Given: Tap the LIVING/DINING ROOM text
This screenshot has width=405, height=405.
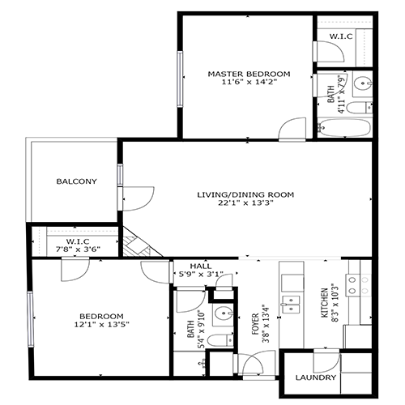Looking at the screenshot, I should pyautogui.click(x=245, y=194).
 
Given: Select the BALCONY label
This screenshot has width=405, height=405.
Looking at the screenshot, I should pyautogui.click(x=76, y=181).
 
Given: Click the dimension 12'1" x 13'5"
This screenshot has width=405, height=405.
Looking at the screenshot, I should pyautogui.click(x=100, y=325).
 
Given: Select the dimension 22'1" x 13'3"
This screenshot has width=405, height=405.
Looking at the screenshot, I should pyautogui.click(x=245, y=204).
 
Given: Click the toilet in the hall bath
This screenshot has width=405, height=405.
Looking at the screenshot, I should pyautogui.click(x=216, y=339).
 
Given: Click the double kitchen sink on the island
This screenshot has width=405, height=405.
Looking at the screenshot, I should pyautogui.click(x=289, y=304).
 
